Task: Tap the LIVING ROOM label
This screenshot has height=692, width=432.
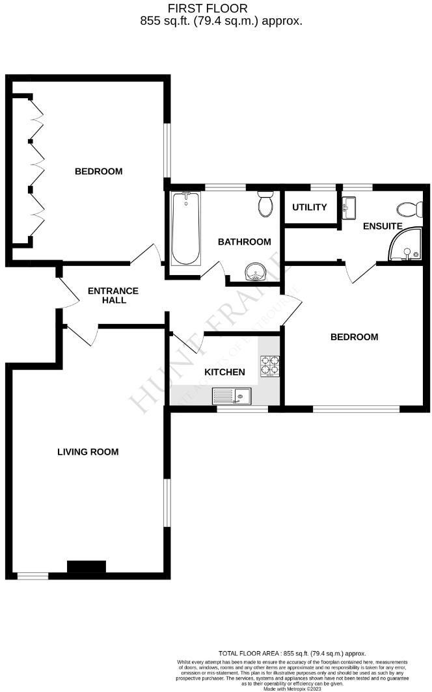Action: pos(88,451)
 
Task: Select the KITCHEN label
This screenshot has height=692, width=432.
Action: pos(224,372)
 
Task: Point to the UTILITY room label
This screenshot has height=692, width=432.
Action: pos(309,207)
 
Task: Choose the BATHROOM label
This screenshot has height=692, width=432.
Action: pos(244,242)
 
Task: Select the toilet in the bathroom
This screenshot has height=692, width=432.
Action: pos(265,204)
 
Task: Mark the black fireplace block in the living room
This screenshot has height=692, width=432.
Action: pos(87,567)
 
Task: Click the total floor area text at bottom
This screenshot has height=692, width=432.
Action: pos(292,653)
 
